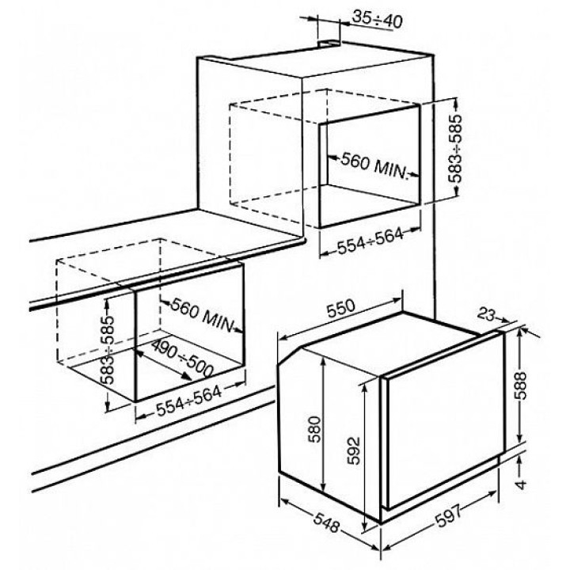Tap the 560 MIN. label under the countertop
[201, 314]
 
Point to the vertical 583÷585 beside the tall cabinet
[454, 148]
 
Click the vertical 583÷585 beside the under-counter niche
[108, 350]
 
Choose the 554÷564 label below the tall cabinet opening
[370, 241]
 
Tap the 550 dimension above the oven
[340, 308]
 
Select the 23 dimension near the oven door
[486, 315]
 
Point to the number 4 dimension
[521, 484]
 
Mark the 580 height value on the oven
[315, 429]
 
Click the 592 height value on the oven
[353, 450]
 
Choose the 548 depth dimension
[326, 523]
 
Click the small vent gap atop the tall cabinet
[329, 43]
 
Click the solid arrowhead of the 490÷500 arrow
[187, 376]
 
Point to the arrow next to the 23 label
[503, 320]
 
